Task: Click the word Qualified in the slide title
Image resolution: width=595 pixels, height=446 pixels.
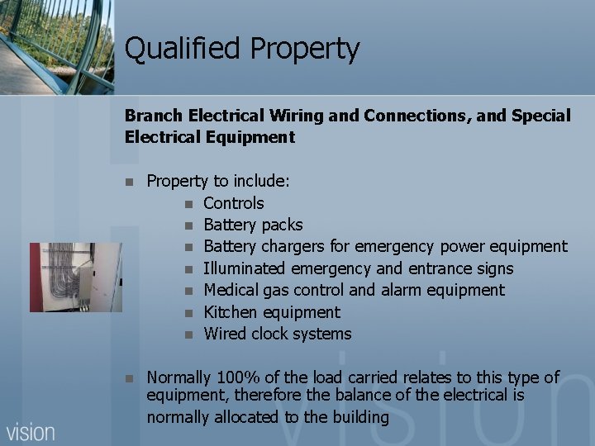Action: click(171, 50)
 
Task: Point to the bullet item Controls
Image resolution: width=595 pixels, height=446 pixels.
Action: click(234, 203)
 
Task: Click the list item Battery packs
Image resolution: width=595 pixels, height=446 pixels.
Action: click(253, 225)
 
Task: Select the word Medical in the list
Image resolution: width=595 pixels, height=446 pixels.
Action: click(232, 290)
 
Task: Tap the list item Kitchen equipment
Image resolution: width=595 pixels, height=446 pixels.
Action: click(272, 312)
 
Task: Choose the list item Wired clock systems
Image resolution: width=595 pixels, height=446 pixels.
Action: click(278, 334)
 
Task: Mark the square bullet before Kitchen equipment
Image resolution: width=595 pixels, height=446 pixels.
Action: click(188, 313)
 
